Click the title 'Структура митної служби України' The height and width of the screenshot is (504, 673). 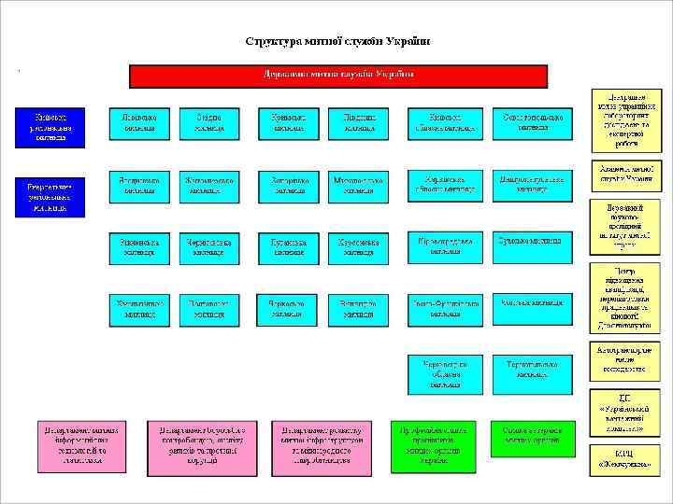click(x=337, y=41)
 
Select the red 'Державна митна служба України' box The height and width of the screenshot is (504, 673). click(x=337, y=75)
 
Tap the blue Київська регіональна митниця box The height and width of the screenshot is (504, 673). click(x=50, y=127)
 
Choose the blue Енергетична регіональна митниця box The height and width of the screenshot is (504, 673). click(x=50, y=196)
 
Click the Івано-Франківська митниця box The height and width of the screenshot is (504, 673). click(x=445, y=308)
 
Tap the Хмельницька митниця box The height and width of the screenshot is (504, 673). click(x=139, y=308)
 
